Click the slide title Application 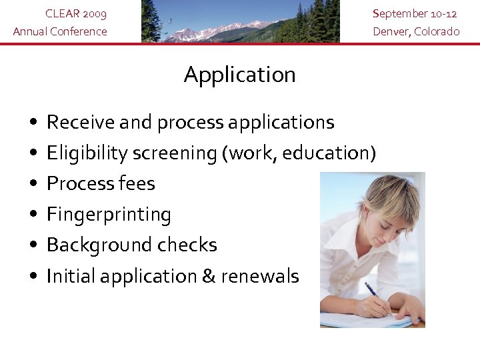[239, 75]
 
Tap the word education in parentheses [325, 153]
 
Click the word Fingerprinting [109, 215]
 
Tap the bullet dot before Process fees [33, 184]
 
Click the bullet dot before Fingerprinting [33, 215]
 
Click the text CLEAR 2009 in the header [75, 13]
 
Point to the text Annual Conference [60, 31]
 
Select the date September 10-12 [415, 13]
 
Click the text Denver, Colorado [416, 31]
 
